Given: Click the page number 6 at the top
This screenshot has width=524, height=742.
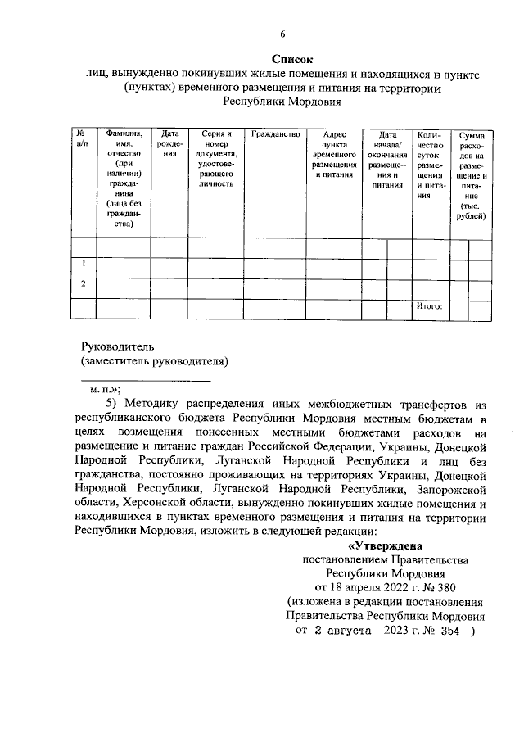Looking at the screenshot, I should coord(282,34).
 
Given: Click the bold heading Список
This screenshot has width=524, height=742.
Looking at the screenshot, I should coord(292,59).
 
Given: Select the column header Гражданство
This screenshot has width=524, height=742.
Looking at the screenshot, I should coord(275,134).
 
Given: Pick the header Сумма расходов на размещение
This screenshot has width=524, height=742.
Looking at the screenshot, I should coord(472,174).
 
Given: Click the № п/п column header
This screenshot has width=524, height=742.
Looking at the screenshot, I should coord(82,138).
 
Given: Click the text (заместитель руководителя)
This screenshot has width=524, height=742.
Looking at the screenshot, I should coord(153,360).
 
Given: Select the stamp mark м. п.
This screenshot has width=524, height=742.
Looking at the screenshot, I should coord(105,390).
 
